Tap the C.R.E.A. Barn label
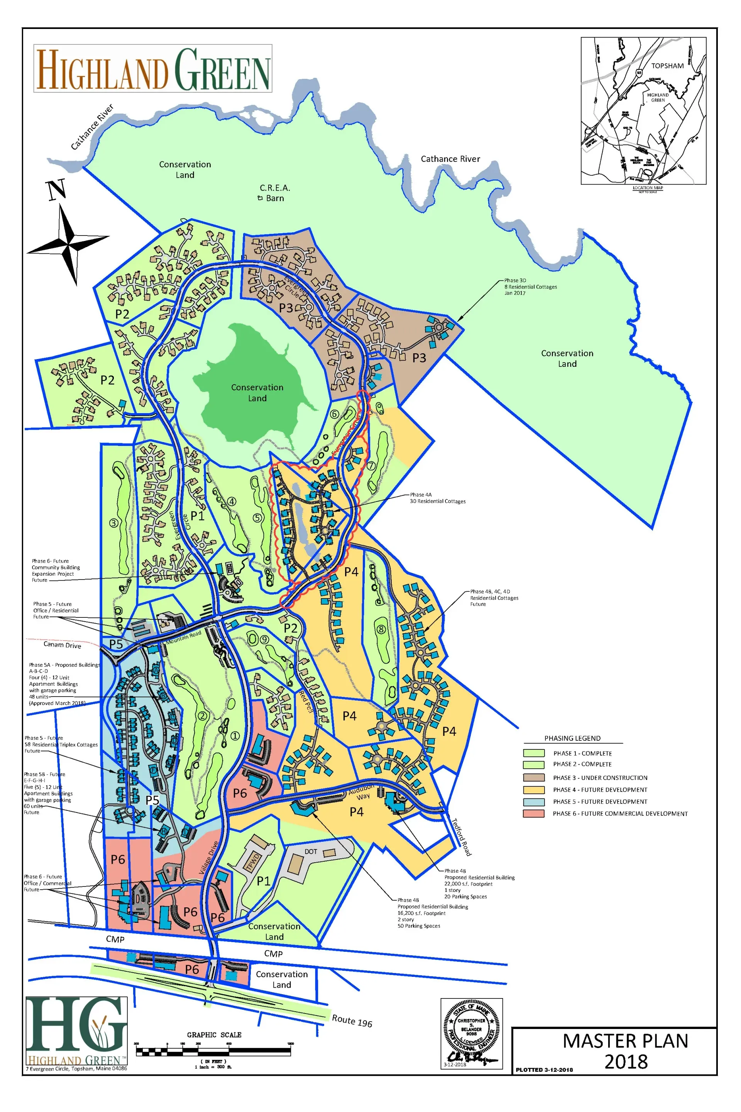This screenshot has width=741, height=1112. tap(274, 193)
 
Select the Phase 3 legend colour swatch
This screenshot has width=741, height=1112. tap(533, 777)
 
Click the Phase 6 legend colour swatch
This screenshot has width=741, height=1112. tap(533, 813)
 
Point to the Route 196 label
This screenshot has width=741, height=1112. tap(352, 1021)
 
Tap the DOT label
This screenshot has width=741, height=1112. tap(310, 851)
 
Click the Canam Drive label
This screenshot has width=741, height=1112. tap(62, 645)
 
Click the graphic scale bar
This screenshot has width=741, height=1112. tap(213, 1051)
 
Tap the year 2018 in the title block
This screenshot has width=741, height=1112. tap(626, 1062)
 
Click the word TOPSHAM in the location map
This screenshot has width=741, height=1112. tap(667, 66)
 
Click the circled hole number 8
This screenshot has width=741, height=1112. tap(381, 630)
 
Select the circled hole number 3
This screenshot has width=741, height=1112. tap(114, 523)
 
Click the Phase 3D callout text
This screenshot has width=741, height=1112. tap(530, 286)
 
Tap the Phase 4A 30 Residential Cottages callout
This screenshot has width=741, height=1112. tap(437, 498)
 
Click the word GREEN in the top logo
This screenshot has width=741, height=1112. tap(222, 69)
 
